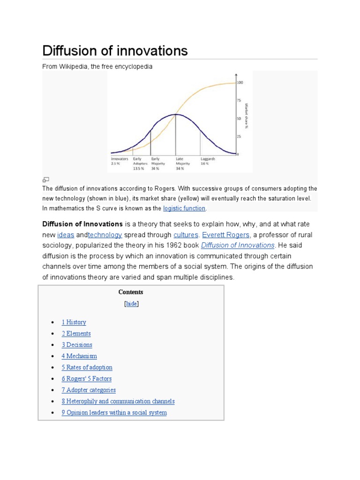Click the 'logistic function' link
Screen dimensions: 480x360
point(184,208)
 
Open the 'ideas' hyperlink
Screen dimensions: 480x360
point(66,235)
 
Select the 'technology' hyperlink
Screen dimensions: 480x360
point(105,235)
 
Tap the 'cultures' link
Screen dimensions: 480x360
point(186,235)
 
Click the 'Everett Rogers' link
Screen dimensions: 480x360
point(225,235)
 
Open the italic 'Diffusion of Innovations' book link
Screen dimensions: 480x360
point(238,245)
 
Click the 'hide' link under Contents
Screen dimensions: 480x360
point(131,304)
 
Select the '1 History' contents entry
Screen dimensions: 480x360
point(74,322)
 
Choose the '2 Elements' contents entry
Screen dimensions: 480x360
point(76,334)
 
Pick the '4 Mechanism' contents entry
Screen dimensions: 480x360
point(79,356)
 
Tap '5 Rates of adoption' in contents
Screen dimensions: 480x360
point(87,367)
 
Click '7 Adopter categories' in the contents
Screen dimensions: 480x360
point(89,390)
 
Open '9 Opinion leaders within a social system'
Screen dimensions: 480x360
point(114,412)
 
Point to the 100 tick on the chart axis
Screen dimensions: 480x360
point(240,82)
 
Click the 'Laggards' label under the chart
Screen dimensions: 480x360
point(208,159)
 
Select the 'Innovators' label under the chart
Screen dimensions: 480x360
point(120,159)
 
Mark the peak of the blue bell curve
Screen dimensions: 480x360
point(176,114)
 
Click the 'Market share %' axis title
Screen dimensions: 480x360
point(246,116)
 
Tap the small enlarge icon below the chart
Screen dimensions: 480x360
point(46,180)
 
